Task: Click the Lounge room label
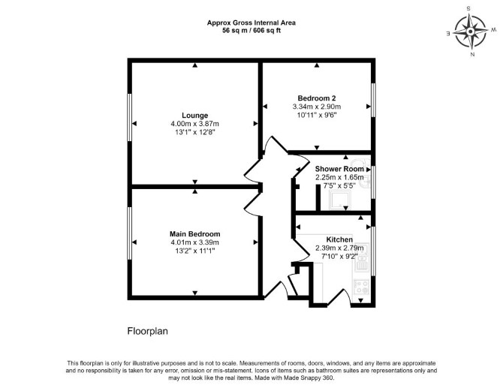coord(194,116)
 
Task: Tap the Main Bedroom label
coord(194,234)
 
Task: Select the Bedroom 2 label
coord(317,98)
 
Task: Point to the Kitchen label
coord(339,239)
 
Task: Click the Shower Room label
coord(339,169)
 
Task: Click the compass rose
coord(470,32)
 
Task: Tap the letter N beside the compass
coord(472,55)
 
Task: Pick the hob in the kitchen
coord(362,287)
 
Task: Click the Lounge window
coord(130,117)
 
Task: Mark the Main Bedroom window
coord(130,233)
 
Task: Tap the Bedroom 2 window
coord(373,100)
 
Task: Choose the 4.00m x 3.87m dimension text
coord(194,124)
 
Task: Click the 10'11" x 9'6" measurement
coord(317,115)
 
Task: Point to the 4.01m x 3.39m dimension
coord(194,242)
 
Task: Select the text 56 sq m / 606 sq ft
coord(251,31)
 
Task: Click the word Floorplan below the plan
coord(148,331)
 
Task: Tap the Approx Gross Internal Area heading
coord(251,23)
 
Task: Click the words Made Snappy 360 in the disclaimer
coord(309,377)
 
